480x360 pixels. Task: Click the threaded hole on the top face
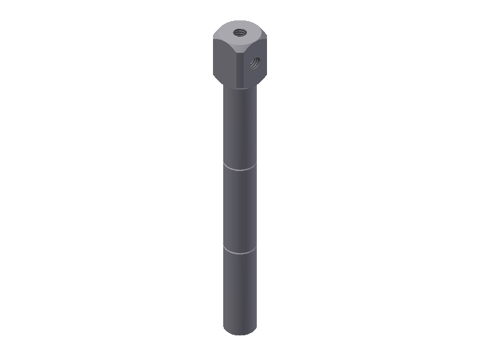coord(239,31)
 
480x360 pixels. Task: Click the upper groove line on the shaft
coord(239,169)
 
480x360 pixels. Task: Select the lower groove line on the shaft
coord(239,253)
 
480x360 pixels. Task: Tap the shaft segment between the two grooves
coord(239,210)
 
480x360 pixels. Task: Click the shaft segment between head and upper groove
coord(239,126)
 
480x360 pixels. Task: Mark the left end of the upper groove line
coord(224,163)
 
